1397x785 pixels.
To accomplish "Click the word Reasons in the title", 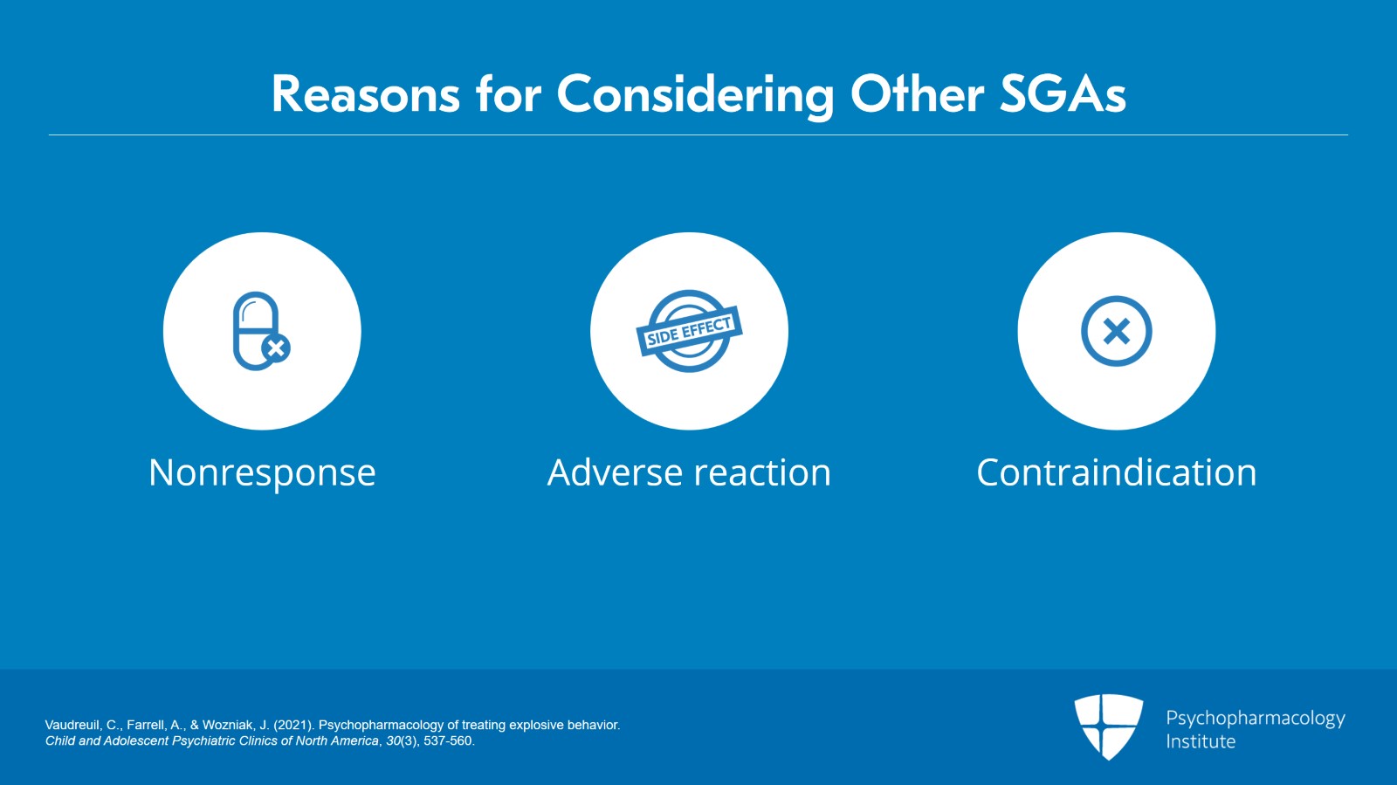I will tap(365, 94).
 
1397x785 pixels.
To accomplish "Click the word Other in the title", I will tap(917, 94).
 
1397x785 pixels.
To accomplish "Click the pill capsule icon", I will tap(256, 330).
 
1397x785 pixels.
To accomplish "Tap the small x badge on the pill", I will tap(276, 348).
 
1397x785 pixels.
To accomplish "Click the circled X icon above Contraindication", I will tap(1116, 331).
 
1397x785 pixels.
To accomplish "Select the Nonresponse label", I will tap(262, 473).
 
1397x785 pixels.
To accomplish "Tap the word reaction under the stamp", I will tap(762, 473).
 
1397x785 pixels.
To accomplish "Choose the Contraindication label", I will tap(1116, 473).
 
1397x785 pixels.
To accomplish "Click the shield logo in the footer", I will tap(1108, 726).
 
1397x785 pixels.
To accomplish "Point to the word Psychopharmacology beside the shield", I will tap(1255, 718).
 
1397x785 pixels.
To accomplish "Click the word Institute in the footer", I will tap(1201, 741).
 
